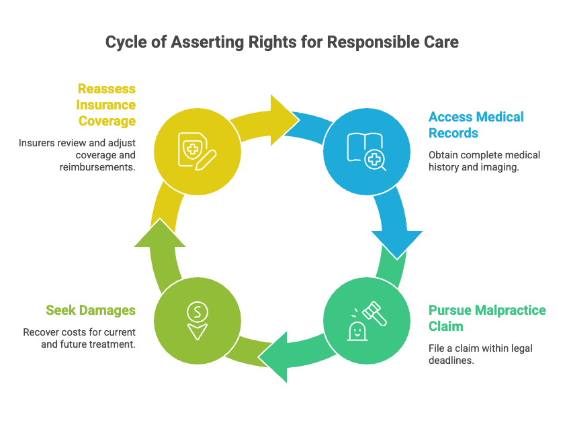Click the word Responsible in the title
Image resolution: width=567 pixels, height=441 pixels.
tap(368, 42)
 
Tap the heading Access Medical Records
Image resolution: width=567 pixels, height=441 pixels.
tap(476, 125)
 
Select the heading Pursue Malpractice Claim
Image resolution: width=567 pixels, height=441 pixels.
tap(487, 318)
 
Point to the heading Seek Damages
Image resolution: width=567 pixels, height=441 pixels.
tap(91, 310)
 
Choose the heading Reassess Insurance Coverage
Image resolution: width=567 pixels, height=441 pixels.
tap(106, 105)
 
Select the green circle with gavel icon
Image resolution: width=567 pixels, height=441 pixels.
tap(366, 318)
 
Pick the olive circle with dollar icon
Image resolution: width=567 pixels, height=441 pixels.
tap(196, 318)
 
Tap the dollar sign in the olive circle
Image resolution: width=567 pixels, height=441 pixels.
tap(196, 311)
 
